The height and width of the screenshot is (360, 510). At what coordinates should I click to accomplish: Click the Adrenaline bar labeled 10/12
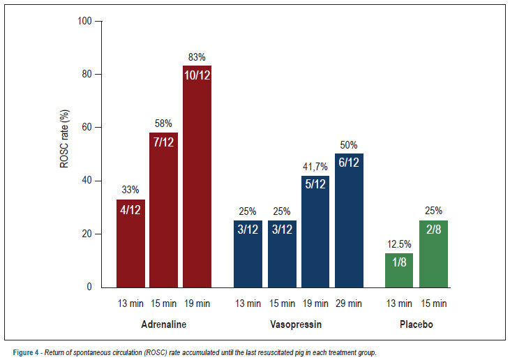[x=197, y=177]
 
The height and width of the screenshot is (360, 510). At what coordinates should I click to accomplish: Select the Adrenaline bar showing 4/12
[x=130, y=243]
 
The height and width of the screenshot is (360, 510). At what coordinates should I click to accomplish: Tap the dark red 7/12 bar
[x=163, y=210]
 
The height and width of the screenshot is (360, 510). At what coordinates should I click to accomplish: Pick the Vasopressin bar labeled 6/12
[x=349, y=220]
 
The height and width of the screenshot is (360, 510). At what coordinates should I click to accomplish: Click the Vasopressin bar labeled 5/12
[x=315, y=232]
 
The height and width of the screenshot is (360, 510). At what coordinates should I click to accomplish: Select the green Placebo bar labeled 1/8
[x=399, y=271]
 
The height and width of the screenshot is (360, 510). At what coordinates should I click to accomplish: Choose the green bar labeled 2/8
[x=433, y=254]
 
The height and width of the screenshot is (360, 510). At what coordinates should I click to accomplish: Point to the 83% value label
[x=197, y=57]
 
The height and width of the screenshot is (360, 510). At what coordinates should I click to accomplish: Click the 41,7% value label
[x=315, y=167]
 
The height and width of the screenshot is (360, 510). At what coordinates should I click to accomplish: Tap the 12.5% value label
[x=399, y=244]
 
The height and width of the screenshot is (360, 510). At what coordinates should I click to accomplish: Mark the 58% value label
[x=163, y=123]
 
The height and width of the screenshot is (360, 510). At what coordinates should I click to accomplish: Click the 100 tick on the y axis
[x=84, y=21]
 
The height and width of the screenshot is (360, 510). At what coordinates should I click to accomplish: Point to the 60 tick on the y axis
[x=87, y=127]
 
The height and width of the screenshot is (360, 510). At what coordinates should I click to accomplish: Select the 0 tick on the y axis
[x=89, y=287]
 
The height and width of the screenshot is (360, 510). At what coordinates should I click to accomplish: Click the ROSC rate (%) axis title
[x=64, y=139]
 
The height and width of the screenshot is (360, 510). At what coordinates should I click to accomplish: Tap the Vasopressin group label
[x=296, y=324]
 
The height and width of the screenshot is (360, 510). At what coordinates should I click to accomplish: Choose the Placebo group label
[x=417, y=324]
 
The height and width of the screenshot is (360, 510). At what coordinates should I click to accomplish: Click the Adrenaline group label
[x=163, y=324]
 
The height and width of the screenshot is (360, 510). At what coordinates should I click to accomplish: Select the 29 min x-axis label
[x=349, y=303]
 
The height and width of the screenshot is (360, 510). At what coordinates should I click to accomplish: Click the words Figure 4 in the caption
[x=26, y=352]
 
